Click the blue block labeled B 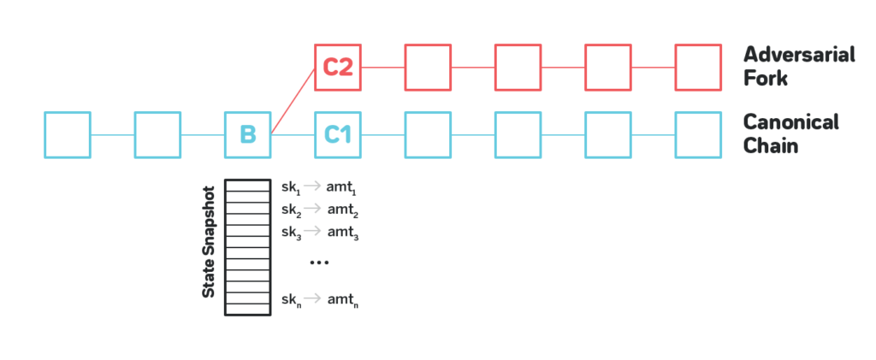[x=248, y=134]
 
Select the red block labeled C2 [x=338, y=67]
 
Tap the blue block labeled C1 [x=338, y=134]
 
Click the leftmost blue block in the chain [x=68, y=134]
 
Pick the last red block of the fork [x=698, y=67]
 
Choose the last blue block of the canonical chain [x=698, y=134]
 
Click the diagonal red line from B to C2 [x=293, y=100]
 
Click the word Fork [x=766, y=79]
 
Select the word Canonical [x=791, y=122]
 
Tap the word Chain [x=771, y=145]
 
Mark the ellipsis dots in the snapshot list [x=318, y=263]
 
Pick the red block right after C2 [x=428, y=67]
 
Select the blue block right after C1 [x=428, y=134]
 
